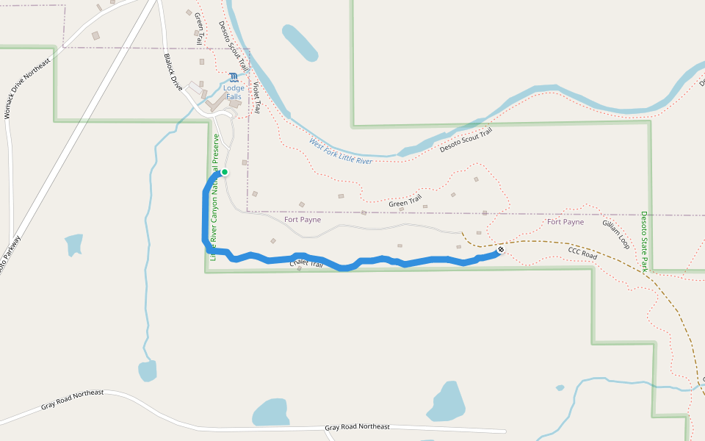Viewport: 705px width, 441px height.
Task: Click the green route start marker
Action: pos(225,172)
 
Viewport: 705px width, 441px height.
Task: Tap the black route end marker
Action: pos(501,250)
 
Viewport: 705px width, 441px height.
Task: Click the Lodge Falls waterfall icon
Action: pos(233,77)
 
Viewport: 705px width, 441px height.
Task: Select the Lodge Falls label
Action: pos(234,93)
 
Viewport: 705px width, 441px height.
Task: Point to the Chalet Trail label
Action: pos(306,263)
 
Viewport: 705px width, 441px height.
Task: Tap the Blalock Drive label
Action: pos(173,71)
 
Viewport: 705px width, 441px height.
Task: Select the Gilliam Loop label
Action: pos(615,233)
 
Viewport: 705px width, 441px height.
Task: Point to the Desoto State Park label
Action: pos(644,242)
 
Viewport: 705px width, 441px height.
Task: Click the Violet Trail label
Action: pos(256,96)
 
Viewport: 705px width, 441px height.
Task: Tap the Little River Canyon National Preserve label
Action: pos(214,197)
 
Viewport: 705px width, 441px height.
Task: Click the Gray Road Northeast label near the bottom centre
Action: pos(358,427)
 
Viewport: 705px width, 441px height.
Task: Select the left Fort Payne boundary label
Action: pos(303,220)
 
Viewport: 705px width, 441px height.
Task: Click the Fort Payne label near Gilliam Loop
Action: pos(565,222)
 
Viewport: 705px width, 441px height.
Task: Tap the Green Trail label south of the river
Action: pos(405,199)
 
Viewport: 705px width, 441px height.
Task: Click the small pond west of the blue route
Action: pos(74,244)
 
